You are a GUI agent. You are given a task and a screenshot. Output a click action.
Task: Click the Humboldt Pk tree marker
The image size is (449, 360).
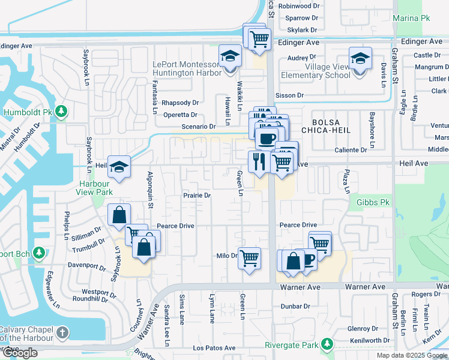pos(62,112)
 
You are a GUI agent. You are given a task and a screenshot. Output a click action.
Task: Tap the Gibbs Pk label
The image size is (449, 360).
pos(373,203)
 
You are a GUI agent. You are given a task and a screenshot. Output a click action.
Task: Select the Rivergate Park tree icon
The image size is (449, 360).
pos(327,345)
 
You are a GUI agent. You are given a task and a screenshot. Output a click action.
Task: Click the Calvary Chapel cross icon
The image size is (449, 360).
pos(62,333)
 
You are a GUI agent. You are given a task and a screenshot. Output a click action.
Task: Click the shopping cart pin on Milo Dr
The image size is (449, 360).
pos(249,259)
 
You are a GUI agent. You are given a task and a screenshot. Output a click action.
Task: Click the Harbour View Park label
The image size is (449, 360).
pos(94,188)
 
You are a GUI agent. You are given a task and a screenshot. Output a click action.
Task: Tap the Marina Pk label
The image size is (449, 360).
pos(411,18)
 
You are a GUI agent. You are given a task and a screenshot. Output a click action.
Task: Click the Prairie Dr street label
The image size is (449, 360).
pos(197,196)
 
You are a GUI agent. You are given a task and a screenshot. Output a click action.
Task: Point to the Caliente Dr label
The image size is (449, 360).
pos(351,150)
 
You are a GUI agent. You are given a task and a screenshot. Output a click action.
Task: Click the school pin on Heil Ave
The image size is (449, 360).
pos(119,168)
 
